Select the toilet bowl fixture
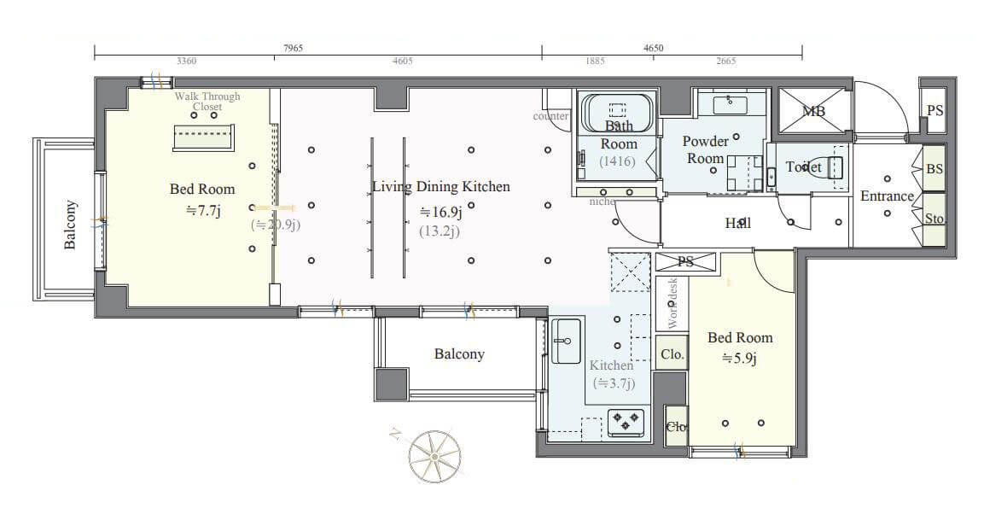[830, 166]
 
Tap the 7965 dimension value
[293, 50]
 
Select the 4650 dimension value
[653, 50]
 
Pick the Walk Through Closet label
[207, 102]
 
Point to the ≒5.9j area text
[739, 358]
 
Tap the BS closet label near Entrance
[935, 169]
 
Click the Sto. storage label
[935, 219]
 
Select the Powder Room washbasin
[729, 104]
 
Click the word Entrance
[887, 196]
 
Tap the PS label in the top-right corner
[935, 111]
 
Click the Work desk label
[672, 303]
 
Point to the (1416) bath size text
[617, 161]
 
